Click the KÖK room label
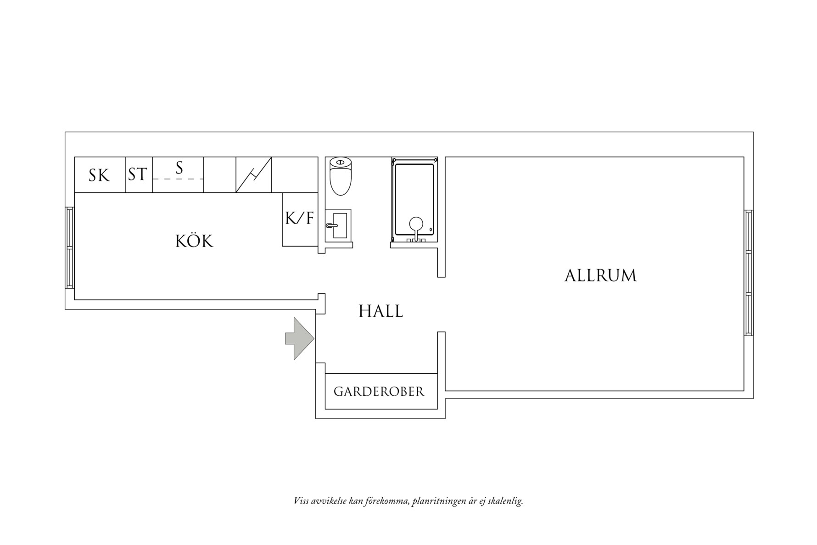[194, 241]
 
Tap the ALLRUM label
[600, 275]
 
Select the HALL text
[381, 311]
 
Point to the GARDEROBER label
[379, 392]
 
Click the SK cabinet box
[100, 175]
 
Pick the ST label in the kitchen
[138, 174]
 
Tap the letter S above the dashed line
[179, 168]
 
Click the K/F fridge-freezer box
[300, 219]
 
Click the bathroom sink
[339, 225]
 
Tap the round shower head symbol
[416, 224]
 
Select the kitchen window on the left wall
[70, 247]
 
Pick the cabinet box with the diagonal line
[253, 174]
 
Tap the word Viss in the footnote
[301, 501]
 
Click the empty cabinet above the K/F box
[295, 174]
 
